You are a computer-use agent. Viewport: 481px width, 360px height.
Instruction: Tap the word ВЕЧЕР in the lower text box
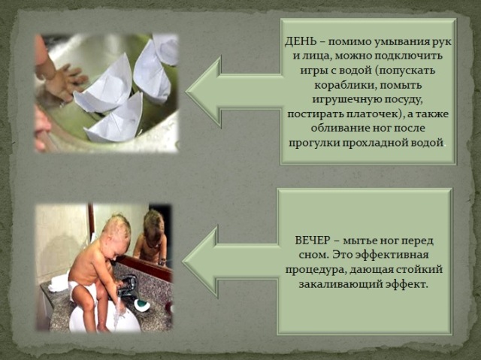[313, 241]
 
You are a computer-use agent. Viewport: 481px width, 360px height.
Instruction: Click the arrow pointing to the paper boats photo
[234, 92]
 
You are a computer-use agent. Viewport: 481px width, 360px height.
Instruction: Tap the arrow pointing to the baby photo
[231, 262]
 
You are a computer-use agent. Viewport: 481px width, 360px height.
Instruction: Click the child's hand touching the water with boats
[64, 81]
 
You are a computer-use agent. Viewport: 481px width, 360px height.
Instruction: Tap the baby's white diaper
[77, 290]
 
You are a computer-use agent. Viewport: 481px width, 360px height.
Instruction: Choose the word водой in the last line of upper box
[428, 144]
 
